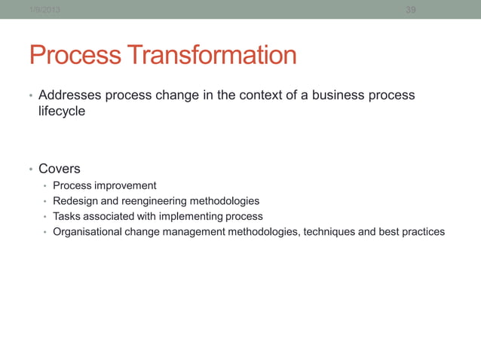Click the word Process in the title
75,56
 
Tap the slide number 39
411,10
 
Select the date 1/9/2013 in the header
44,10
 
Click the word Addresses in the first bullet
69,96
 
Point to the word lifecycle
62,111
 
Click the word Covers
60,169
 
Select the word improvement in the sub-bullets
125,185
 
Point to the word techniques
329,232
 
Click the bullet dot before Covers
30,169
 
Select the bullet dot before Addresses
30,96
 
